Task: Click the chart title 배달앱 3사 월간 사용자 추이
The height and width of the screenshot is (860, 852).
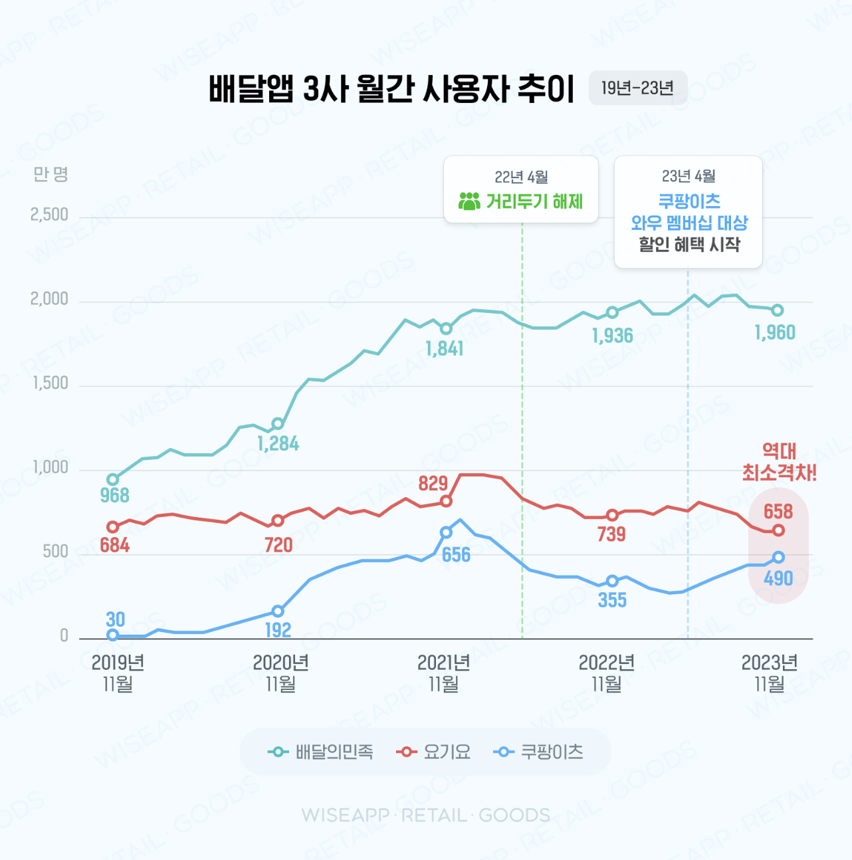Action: [391, 89]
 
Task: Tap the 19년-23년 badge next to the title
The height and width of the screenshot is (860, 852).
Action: [637, 88]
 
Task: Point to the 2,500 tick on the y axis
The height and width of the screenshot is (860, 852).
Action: [49, 215]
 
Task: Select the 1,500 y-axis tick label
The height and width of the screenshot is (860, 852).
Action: [51, 383]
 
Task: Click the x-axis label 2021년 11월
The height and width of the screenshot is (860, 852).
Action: [443, 673]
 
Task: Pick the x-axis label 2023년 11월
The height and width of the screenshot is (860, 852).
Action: [769, 673]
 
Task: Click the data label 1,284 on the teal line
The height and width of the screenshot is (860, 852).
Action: [278, 443]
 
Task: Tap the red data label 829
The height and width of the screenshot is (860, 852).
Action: [433, 483]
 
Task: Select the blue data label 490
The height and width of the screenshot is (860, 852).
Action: [778, 578]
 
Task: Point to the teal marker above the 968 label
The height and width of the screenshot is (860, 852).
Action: [113, 479]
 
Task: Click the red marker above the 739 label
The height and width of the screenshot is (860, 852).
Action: [612, 515]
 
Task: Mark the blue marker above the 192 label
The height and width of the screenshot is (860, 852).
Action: [278, 611]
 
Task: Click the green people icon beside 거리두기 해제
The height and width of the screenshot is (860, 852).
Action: [469, 201]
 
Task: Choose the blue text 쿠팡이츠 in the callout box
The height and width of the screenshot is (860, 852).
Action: [689, 201]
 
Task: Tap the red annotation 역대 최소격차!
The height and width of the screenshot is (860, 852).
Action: [779, 462]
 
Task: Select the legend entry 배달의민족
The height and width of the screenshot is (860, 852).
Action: [322, 752]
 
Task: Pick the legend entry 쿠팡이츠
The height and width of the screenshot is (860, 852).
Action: [539, 752]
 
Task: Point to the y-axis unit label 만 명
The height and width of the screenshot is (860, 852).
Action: [51, 175]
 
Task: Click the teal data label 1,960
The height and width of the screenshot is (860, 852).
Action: [775, 332]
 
